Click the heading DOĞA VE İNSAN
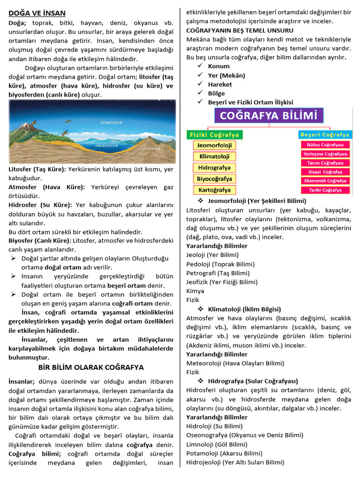(x=37, y=13)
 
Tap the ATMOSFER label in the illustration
(x=111, y=122)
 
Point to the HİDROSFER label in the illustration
(x=106, y=146)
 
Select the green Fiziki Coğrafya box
(x=214, y=135)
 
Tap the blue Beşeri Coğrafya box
(x=325, y=135)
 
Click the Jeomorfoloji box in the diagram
(x=214, y=145)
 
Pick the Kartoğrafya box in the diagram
(x=214, y=190)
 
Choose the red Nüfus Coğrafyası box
(x=325, y=145)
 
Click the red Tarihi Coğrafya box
(x=325, y=190)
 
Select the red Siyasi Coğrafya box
(x=325, y=172)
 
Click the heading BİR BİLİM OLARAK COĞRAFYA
(x=91, y=367)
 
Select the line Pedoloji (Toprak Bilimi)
(x=220, y=264)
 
